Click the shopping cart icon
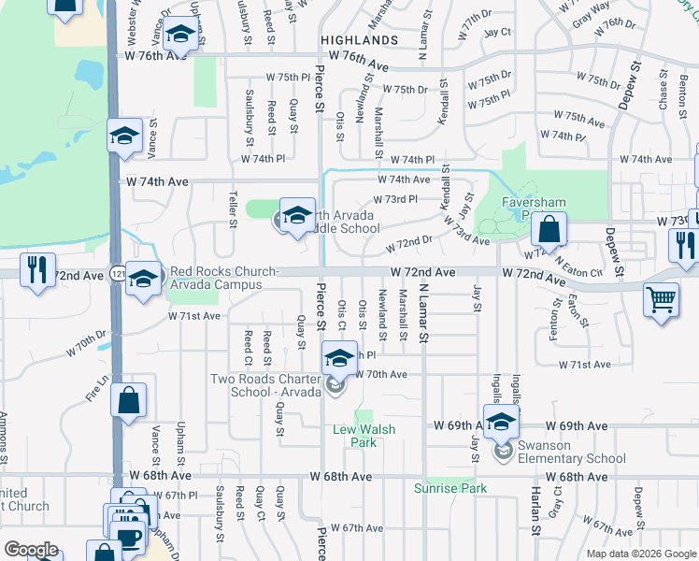click(x=661, y=301)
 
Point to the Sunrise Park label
click(x=451, y=489)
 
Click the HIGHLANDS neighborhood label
click(x=359, y=41)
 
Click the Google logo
click(x=32, y=550)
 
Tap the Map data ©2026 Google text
click(x=640, y=554)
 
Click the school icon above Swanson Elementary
click(x=501, y=421)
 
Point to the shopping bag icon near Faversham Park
click(x=551, y=229)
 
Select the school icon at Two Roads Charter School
click(x=339, y=357)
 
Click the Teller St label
click(x=233, y=209)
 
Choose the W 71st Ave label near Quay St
click(x=193, y=317)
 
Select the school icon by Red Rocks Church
click(x=144, y=279)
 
